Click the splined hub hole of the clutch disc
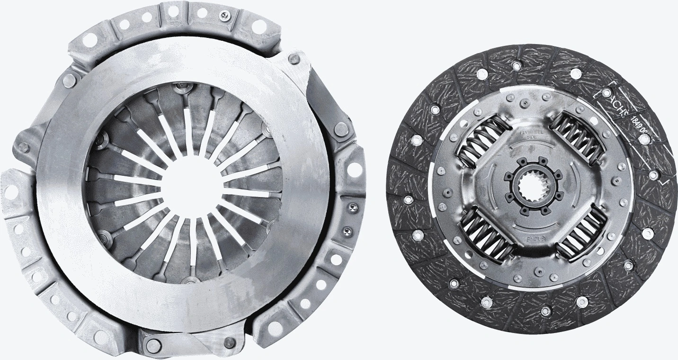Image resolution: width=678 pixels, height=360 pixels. [532, 185]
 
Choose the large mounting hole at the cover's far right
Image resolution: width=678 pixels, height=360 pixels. [353, 168]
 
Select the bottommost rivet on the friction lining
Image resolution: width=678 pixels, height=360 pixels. [545, 311]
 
